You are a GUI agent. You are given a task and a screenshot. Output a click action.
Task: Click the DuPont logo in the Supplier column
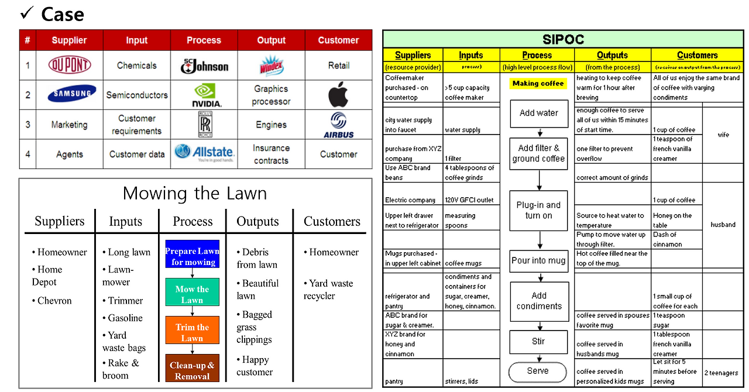point(70,66)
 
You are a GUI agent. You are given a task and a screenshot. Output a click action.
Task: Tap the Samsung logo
point(70,94)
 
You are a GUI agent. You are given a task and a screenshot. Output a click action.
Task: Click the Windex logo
point(271,66)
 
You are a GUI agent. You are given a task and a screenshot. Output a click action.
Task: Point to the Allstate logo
point(204,153)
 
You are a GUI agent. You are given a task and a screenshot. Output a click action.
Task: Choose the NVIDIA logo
point(204,95)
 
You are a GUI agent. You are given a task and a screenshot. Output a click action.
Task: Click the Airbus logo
point(338,125)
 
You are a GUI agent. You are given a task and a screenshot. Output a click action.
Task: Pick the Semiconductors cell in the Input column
point(137,95)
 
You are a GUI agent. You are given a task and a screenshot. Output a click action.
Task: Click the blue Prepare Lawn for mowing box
point(192,256)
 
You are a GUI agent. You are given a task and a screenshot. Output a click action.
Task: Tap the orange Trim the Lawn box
point(192,332)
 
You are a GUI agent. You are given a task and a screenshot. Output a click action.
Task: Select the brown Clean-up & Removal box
point(192,370)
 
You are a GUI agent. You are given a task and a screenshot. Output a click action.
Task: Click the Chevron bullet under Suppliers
point(54,301)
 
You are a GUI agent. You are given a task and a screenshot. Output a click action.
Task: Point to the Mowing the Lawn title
point(195,194)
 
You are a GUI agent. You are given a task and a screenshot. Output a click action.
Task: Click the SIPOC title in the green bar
point(562,40)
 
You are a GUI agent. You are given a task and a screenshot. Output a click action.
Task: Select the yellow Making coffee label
point(538,84)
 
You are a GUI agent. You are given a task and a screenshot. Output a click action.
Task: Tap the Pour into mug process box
point(538,260)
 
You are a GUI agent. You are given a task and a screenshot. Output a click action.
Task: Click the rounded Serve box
point(537,371)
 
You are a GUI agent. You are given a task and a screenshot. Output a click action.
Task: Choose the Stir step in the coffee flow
point(538,342)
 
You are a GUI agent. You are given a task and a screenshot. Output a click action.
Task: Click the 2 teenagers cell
point(721,373)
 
